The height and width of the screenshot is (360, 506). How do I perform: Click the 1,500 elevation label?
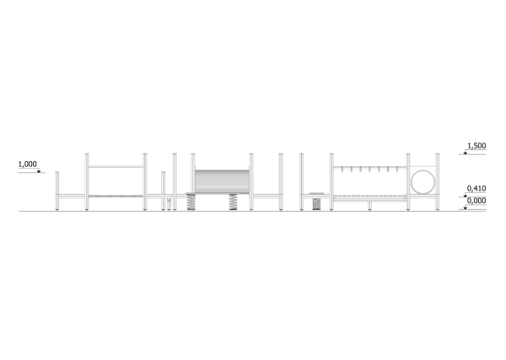476,146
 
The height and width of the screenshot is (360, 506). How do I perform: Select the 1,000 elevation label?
28,164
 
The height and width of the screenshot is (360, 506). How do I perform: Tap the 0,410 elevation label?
476,188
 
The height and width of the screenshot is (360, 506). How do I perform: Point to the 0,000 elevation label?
476,201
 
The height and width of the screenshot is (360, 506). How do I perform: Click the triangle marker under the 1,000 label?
39,171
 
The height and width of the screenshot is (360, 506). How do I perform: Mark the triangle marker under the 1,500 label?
465,153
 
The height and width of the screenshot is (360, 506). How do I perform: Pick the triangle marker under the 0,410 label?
465,196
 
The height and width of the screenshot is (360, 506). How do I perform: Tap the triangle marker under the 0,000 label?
465,208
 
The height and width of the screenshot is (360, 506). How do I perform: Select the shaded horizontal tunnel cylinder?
222,182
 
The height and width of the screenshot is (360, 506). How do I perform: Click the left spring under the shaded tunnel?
191,202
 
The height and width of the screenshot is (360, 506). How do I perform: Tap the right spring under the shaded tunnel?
233,202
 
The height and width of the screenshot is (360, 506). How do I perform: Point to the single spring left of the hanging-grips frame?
316,204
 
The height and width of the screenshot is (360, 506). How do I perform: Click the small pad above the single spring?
316,194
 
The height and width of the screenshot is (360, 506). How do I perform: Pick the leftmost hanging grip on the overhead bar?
342,169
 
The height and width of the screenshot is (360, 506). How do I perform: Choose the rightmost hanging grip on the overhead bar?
397,169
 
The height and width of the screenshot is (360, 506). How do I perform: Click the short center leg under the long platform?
369,206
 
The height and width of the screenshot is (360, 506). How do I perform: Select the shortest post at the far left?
57,191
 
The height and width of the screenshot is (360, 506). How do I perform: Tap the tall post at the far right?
438,182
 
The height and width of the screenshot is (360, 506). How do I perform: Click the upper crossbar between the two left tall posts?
116,167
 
